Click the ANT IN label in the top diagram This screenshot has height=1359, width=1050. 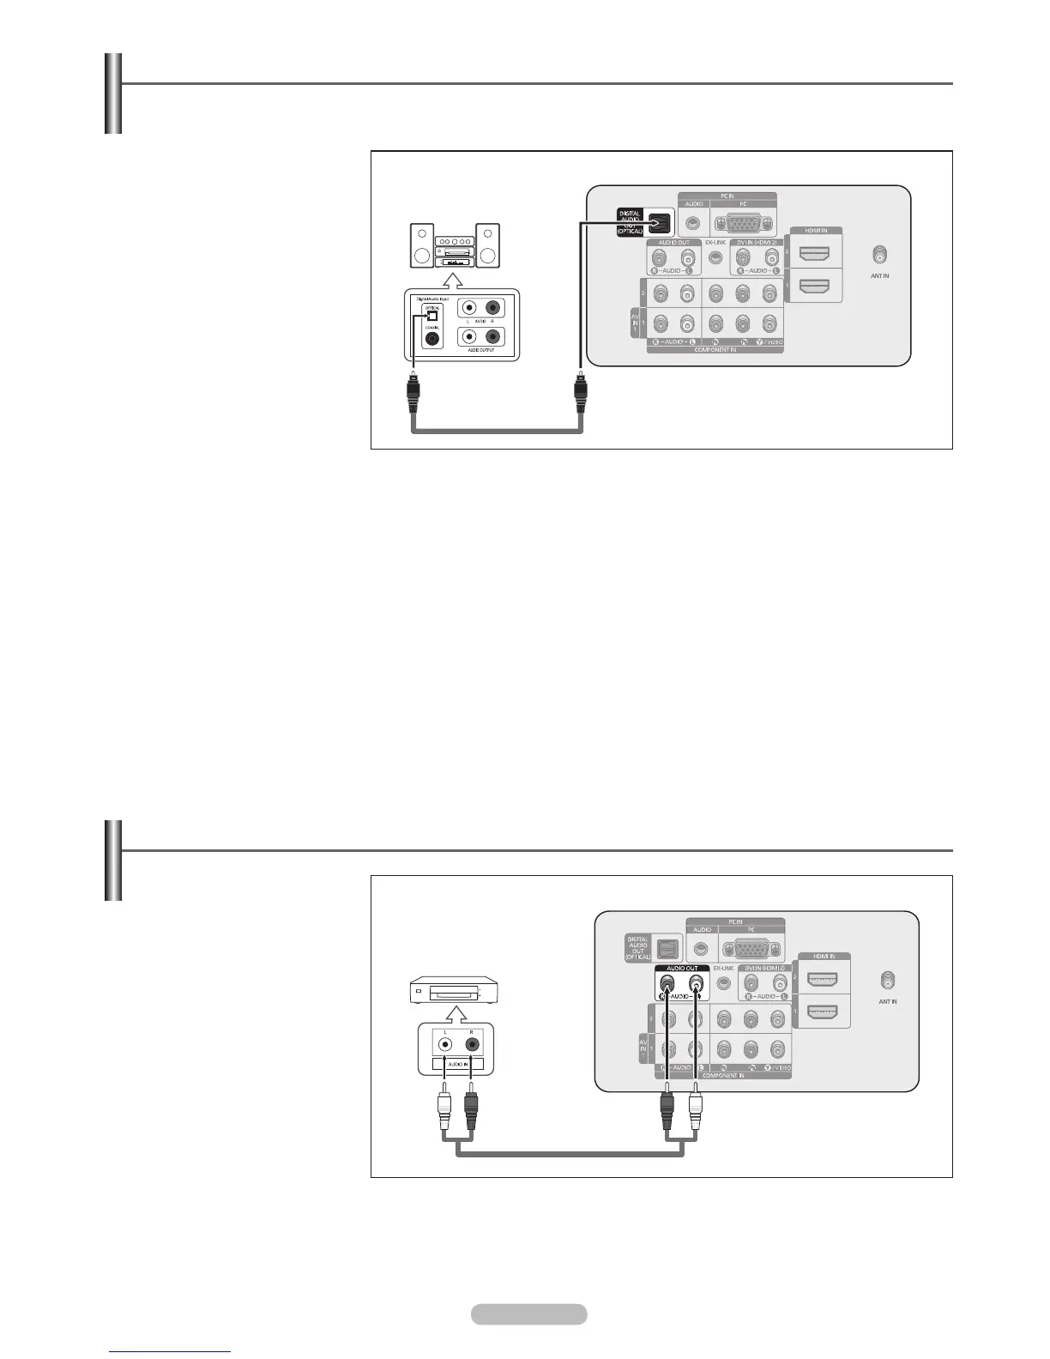879,275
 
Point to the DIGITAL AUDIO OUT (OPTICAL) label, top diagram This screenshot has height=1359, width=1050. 631,222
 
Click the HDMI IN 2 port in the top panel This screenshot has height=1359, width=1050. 813,254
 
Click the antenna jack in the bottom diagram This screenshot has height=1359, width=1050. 887,980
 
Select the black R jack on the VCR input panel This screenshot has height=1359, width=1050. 471,1045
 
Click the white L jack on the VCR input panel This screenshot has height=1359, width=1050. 445,1045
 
